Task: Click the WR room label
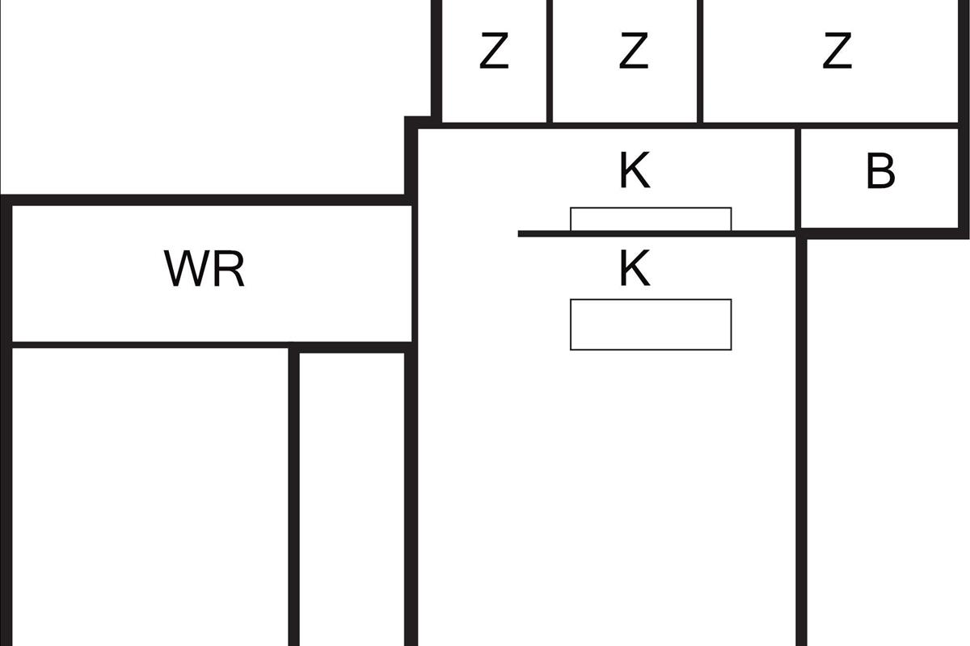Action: tap(205, 270)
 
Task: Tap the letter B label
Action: tap(880, 171)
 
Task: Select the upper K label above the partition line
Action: tap(635, 171)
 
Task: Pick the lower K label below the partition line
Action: tap(635, 270)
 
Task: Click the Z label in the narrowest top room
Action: tap(494, 52)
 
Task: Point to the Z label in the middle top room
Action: tap(633, 52)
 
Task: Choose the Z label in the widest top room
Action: tap(837, 52)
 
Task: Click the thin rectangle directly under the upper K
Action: tap(651, 219)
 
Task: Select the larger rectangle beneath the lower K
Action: tap(651, 325)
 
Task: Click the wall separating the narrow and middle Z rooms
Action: tap(549, 61)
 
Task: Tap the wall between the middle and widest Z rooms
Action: tap(699, 61)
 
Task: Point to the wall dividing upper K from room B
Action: tap(797, 178)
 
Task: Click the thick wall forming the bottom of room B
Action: tap(885, 233)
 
